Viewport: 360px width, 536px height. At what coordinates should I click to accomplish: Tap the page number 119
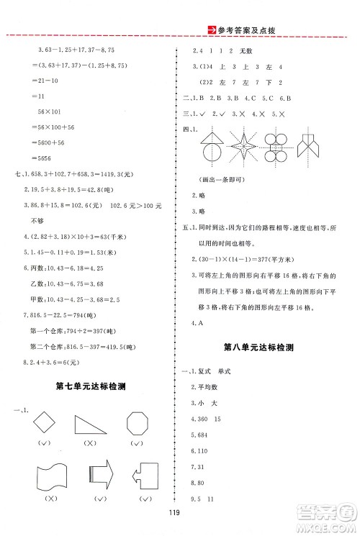(x=180, y=523)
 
